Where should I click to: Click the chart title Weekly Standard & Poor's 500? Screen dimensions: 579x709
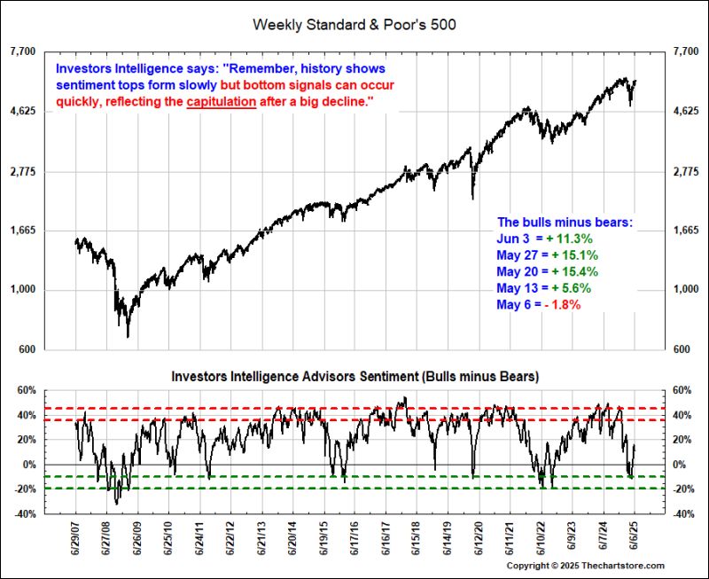coord(354,24)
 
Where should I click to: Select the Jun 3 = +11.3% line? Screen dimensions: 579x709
coord(544,239)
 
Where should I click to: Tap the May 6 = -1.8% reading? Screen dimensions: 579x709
coord(539,305)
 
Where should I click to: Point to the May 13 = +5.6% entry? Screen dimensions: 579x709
coord(543,288)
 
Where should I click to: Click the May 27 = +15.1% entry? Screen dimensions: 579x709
coord(547,255)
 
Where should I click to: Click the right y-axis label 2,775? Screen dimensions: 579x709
coord(686,171)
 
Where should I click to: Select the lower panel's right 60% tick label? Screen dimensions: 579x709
coord(685,390)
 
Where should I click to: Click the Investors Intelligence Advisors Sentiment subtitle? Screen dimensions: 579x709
coord(354,376)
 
